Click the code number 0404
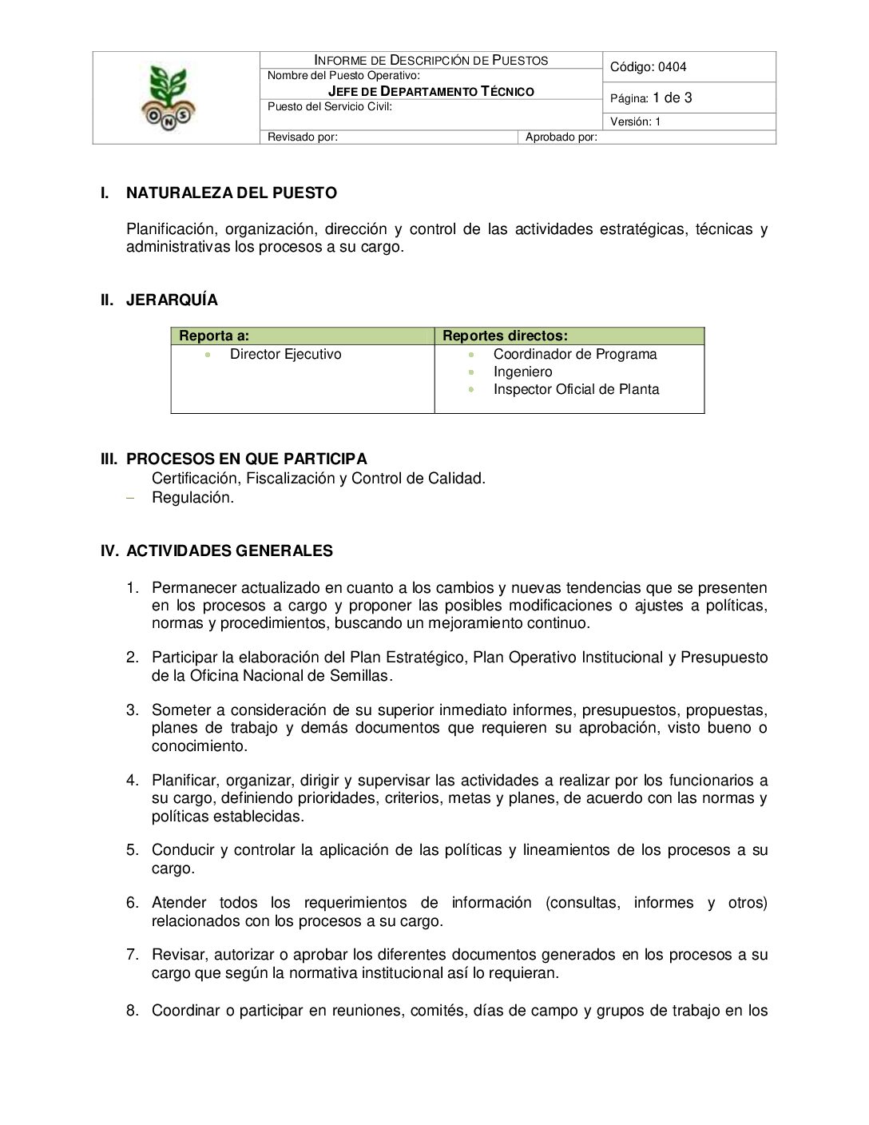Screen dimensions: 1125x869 (x=672, y=67)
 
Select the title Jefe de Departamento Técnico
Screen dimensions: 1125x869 (x=431, y=91)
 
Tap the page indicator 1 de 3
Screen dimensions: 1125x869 (x=672, y=98)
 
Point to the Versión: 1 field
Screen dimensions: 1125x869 (x=636, y=121)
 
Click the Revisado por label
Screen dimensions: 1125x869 (x=303, y=137)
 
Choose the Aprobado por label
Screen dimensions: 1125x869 (x=561, y=137)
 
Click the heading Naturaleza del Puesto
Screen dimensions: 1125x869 (x=231, y=193)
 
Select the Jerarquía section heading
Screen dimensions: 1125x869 (x=172, y=300)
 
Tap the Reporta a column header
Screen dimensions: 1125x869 (x=214, y=336)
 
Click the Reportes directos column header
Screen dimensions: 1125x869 (x=505, y=336)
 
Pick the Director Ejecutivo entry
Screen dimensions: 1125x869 (x=285, y=354)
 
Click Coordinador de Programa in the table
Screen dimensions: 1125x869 (x=575, y=354)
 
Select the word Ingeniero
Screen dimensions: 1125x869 (x=522, y=372)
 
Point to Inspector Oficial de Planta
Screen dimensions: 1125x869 (x=576, y=389)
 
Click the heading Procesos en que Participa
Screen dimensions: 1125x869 (x=246, y=459)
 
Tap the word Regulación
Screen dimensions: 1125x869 (x=192, y=497)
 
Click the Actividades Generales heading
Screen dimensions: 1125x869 (x=229, y=551)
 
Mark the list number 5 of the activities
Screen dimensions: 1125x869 (x=132, y=850)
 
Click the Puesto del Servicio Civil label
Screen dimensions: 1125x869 (x=330, y=107)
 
